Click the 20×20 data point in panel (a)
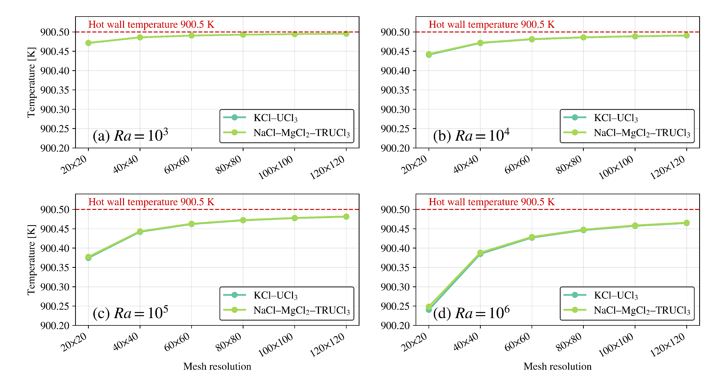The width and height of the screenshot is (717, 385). click(89, 43)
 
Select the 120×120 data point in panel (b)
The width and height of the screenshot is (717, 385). click(686, 35)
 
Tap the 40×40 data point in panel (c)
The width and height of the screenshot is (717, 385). click(140, 231)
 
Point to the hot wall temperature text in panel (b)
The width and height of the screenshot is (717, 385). click(491, 24)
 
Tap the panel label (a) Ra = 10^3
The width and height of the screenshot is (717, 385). click(130, 136)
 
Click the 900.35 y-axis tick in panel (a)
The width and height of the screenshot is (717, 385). click(55, 90)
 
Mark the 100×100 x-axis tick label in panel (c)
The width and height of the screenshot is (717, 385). click(276, 345)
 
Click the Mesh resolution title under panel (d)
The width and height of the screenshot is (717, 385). click(558, 366)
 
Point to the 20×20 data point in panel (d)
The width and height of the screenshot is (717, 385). click(429, 308)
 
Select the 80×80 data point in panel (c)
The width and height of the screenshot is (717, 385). click(243, 220)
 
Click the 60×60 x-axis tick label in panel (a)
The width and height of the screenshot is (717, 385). click(177, 165)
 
